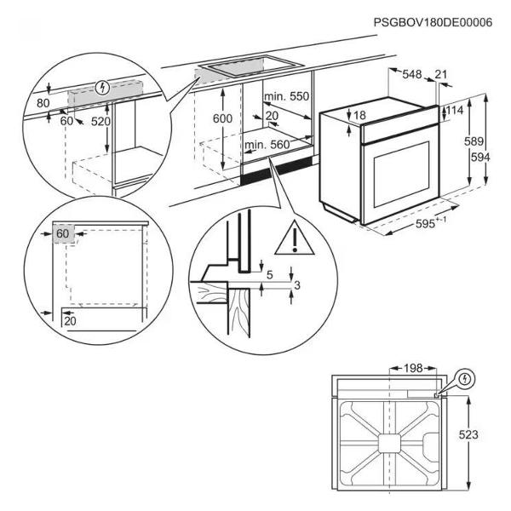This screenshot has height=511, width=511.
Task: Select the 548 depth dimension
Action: (413, 76)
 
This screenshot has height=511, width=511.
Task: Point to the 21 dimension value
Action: (441, 76)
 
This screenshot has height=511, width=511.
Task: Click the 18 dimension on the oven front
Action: (359, 116)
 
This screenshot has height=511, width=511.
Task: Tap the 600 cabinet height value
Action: (222, 119)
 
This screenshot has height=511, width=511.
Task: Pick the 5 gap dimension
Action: (270, 274)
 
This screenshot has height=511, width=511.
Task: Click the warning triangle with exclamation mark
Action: (291, 240)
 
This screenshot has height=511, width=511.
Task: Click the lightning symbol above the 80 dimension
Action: (103, 87)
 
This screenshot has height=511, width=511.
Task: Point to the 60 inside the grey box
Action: (63, 233)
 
